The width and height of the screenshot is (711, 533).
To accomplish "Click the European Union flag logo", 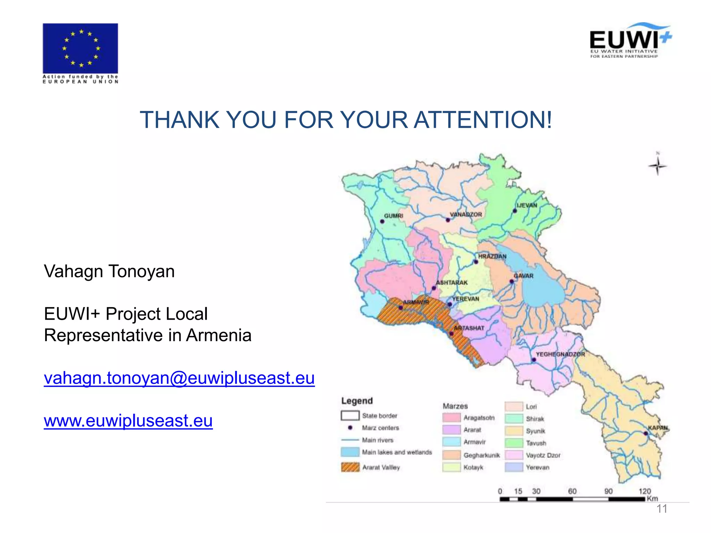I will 80,48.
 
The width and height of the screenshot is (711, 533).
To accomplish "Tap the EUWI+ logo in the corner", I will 630,41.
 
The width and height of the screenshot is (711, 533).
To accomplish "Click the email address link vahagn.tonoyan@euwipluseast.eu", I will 179,378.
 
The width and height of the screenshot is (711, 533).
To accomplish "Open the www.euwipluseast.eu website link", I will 128,421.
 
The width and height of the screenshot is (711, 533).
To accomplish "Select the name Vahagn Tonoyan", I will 109,271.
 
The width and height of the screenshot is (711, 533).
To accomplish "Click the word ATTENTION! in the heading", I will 483,120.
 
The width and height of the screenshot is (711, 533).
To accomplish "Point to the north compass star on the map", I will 657,166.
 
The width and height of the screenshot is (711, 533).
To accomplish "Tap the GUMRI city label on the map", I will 393,216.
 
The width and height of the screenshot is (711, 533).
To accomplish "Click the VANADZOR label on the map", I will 466,214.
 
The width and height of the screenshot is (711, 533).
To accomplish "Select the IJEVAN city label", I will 527,205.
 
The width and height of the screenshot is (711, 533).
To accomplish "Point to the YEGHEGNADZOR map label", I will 560,354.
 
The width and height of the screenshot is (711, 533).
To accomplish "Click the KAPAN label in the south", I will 658,428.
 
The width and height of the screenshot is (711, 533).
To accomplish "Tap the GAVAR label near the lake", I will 524,276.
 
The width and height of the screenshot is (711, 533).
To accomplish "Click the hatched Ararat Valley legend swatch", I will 350,467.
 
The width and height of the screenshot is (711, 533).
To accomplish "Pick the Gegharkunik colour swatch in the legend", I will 451,455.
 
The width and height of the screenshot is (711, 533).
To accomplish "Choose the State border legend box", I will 350,416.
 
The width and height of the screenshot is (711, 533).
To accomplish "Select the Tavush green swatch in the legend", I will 514,443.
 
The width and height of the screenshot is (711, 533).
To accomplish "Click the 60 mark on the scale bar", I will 572,491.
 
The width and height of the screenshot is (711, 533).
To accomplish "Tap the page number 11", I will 662,509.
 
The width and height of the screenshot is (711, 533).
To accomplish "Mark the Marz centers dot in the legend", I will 350,428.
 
